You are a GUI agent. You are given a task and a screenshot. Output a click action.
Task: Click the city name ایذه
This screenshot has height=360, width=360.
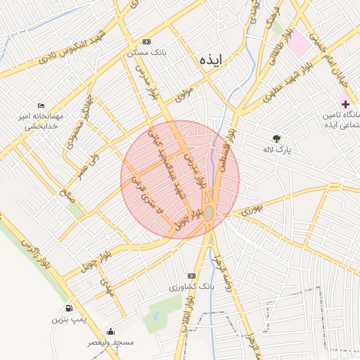210,60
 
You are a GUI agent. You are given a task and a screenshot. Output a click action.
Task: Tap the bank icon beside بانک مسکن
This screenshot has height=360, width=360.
146,41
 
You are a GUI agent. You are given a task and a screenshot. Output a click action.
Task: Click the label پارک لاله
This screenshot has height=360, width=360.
278,150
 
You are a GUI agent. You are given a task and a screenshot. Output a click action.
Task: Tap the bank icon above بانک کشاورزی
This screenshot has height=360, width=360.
191,276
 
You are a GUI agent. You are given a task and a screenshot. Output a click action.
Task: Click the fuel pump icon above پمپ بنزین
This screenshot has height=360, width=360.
68,308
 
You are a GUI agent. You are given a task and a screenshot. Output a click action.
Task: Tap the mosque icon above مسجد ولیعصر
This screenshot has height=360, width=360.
110,331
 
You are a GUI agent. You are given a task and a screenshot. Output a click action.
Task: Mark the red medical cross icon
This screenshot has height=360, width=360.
345,104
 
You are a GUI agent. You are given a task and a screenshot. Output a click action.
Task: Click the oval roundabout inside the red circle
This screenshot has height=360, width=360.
209,212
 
